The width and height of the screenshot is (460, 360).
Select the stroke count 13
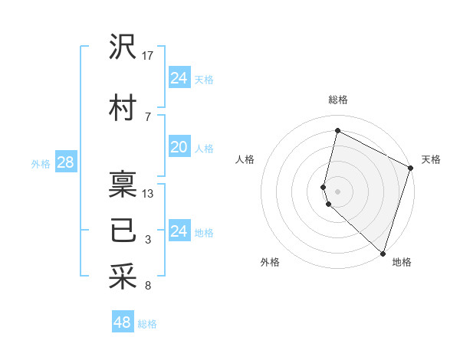pyautogui.click(x=149, y=193)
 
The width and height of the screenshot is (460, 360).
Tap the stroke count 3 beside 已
pyautogui.click(x=148, y=240)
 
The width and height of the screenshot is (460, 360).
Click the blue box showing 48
pyautogui.click(x=123, y=322)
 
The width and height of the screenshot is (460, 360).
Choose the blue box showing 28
pyautogui.click(x=64, y=162)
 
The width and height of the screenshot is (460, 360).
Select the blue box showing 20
pyautogui.click(x=179, y=147)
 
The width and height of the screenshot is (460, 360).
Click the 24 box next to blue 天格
pyautogui.click(x=179, y=78)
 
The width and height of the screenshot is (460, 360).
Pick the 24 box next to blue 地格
pyautogui.click(x=179, y=231)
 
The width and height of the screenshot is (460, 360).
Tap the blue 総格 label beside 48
pyautogui.click(x=147, y=324)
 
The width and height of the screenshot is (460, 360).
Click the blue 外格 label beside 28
pyautogui.click(x=41, y=163)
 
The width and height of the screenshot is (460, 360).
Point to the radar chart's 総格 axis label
pyautogui.click(x=337, y=100)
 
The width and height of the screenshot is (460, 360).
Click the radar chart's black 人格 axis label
pyautogui.click(x=245, y=159)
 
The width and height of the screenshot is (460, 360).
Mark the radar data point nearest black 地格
pyautogui.click(x=383, y=254)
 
